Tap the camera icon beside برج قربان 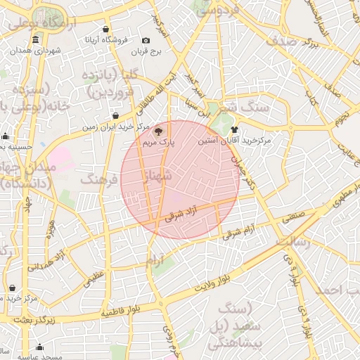coord(146,41)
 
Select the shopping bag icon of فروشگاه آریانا coord(105,30)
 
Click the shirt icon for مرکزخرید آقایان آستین coord(234,129)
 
